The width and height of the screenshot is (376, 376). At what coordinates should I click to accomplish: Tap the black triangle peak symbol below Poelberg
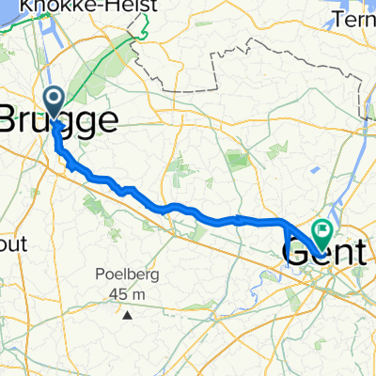click(x=125, y=313)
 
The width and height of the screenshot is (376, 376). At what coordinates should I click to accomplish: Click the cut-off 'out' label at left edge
click(x=14, y=243)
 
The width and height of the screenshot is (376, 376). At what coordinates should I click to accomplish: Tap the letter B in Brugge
click(x=10, y=119)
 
